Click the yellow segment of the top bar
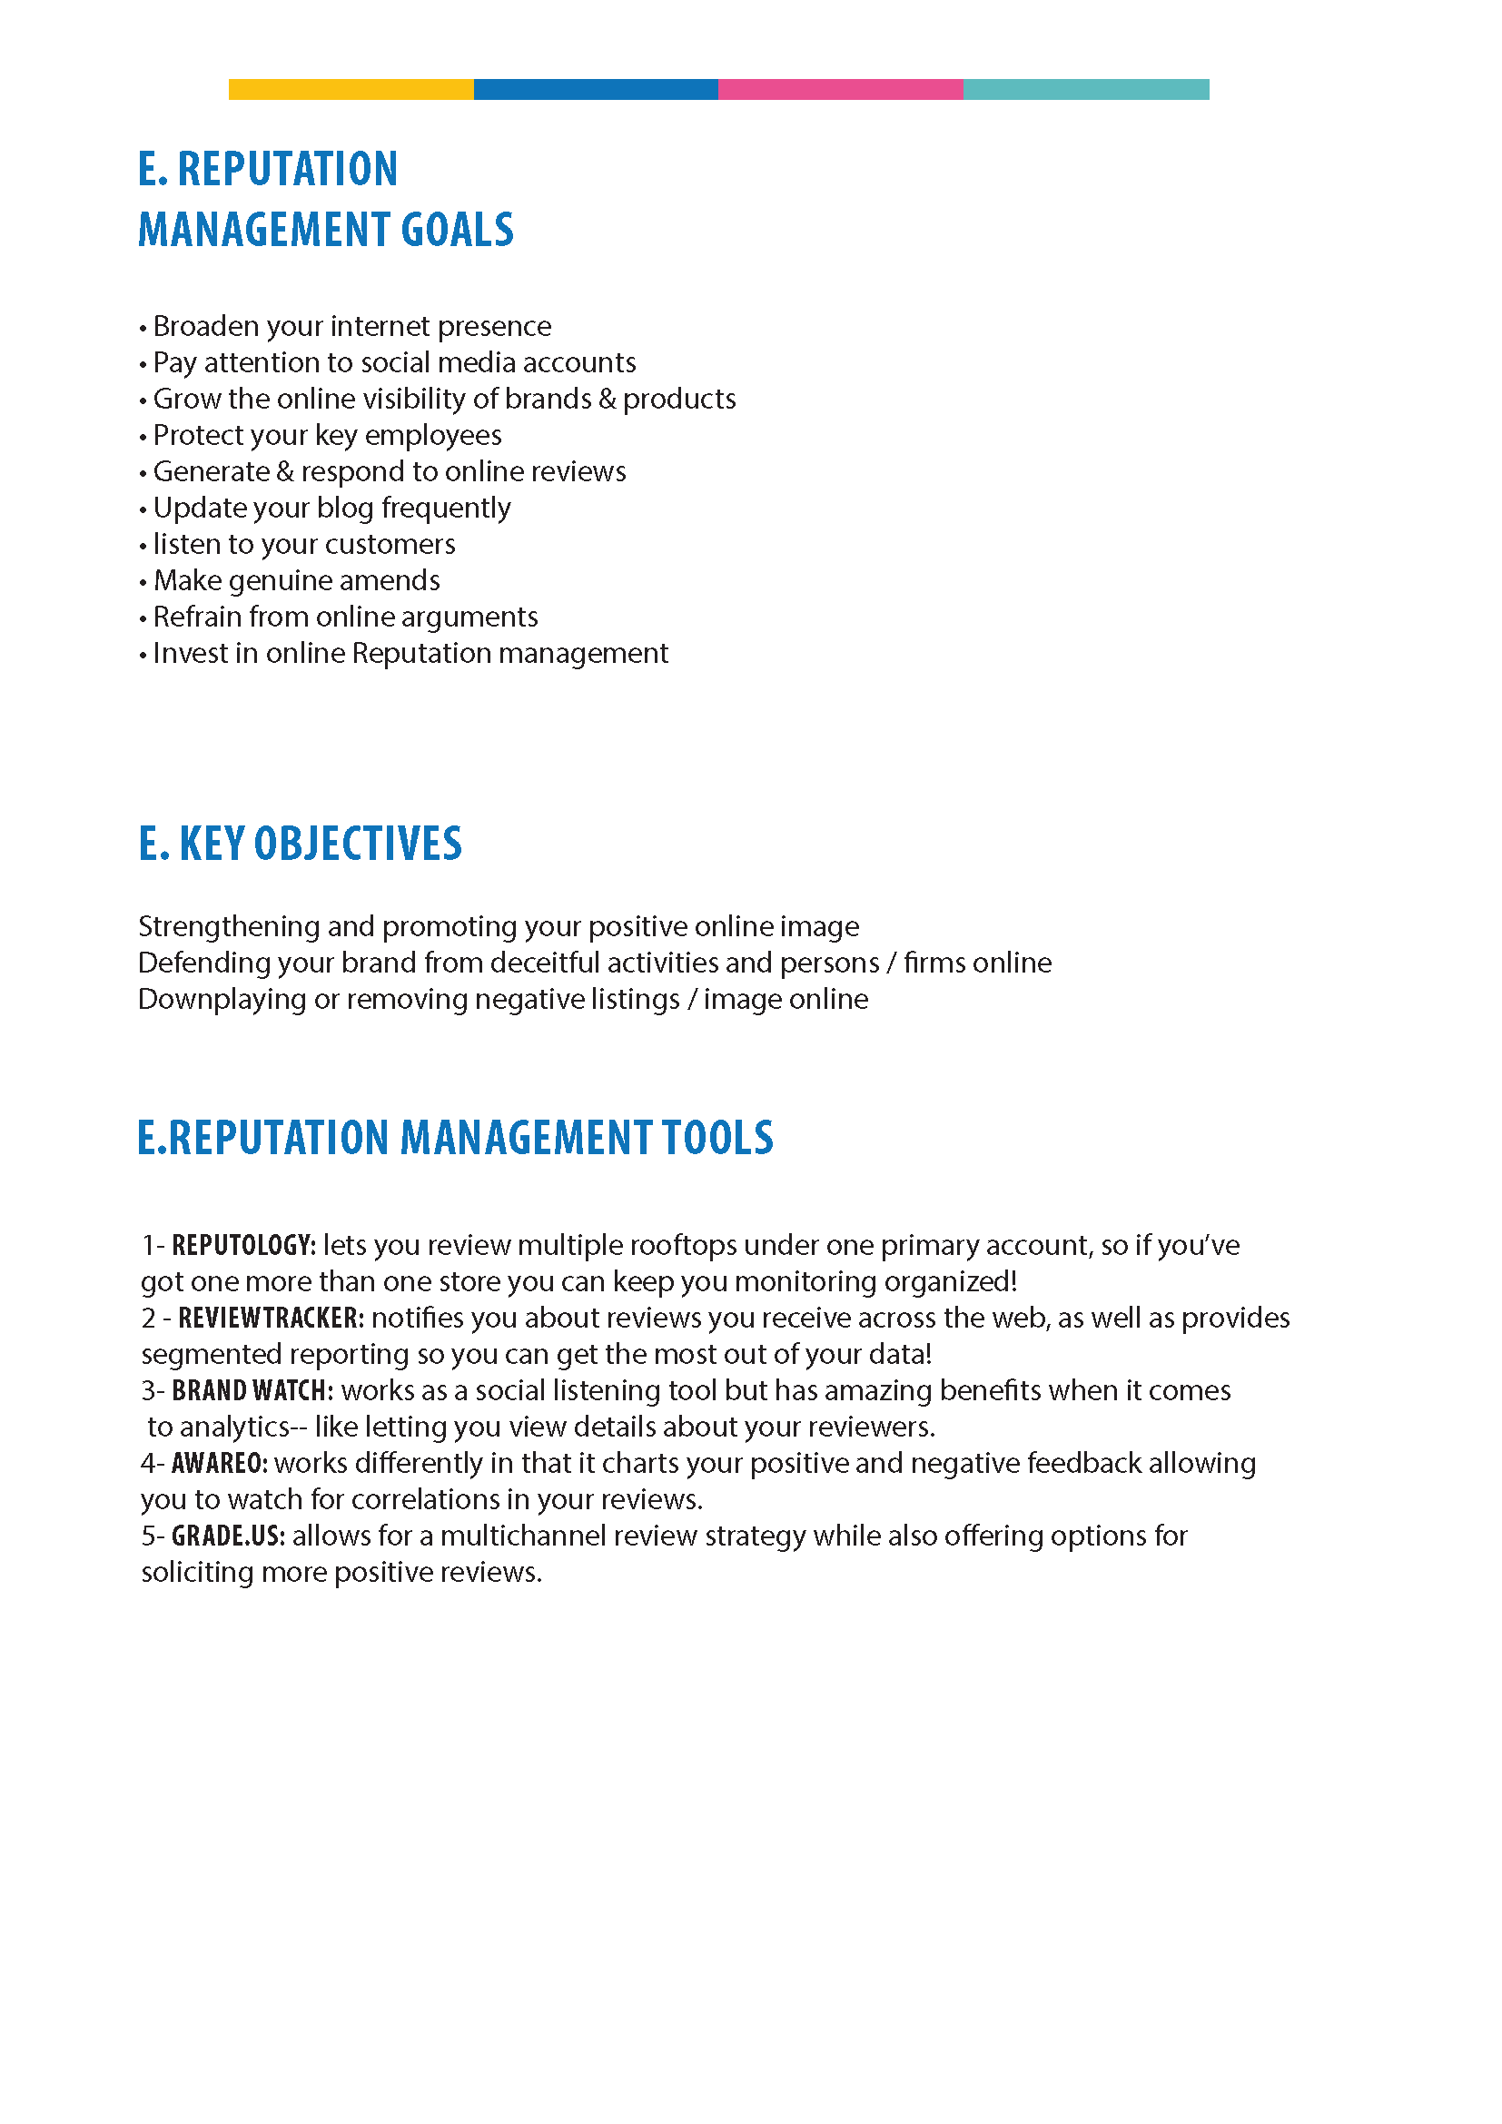(x=351, y=89)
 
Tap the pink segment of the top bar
(x=840, y=89)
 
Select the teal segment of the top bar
(x=1086, y=89)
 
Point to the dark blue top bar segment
(x=596, y=89)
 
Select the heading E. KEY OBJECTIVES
(x=300, y=844)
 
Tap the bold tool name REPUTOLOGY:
(x=244, y=1245)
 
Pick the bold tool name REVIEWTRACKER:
(x=271, y=1319)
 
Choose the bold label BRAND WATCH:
(x=252, y=1390)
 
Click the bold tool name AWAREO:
(x=220, y=1464)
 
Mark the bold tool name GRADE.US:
(x=229, y=1536)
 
